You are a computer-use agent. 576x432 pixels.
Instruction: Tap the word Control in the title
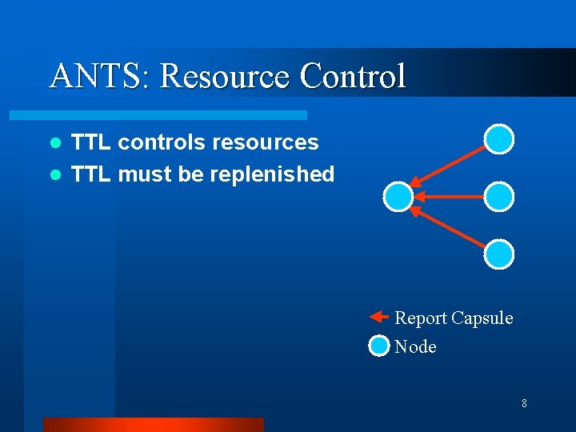[x=353, y=76]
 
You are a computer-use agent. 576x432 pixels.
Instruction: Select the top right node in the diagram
[x=499, y=138]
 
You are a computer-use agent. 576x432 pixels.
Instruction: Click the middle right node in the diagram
[x=499, y=196]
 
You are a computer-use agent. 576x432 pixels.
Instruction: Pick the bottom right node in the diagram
[x=499, y=254]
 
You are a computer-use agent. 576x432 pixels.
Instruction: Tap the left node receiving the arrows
[x=398, y=196]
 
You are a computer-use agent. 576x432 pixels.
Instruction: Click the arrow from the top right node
[x=448, y=167]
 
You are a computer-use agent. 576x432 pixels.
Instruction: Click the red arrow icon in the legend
[x=378, y=318]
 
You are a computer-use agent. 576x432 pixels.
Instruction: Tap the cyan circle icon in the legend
[x=378, y=346]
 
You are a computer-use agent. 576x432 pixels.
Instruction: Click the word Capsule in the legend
[x=482, y=318]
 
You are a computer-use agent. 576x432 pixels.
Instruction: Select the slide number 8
[x=524, y=403]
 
